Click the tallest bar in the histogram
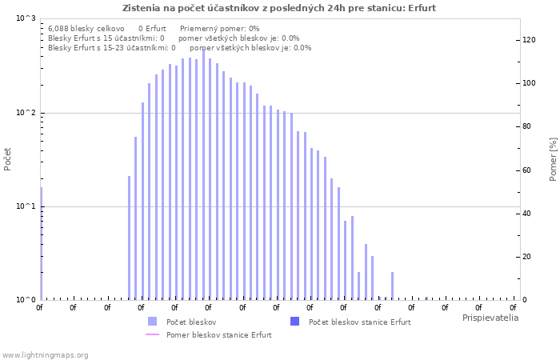203,174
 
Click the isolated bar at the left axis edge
41,243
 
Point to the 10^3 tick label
26,18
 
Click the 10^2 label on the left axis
26,113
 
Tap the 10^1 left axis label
26,206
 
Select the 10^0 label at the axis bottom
26,300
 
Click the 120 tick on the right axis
529,40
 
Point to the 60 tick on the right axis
526,170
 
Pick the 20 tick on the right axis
526,257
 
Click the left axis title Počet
7,159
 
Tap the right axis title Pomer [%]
553,159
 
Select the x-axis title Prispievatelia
490,318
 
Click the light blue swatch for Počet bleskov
153,322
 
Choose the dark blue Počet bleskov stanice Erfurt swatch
294,322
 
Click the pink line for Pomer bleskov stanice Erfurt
153,334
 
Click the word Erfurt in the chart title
422,8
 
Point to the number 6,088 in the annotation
58,29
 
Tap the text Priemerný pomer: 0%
220,29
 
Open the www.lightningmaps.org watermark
45,355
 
